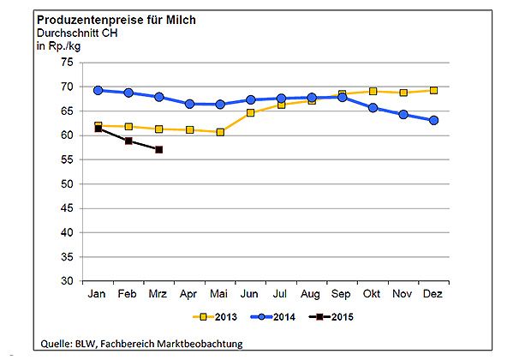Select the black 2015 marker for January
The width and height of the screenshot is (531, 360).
[98, 128]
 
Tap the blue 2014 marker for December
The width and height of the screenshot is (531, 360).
[433, 121]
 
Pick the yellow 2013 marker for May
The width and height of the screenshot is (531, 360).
[220, 132]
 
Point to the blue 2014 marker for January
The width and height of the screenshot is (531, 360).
[98, 90]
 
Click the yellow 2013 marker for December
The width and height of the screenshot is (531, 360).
[433, 90]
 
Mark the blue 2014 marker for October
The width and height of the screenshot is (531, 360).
[373, 108]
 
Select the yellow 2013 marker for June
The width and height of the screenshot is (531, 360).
[251, 112]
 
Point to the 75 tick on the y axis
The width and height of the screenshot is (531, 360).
[66, 63]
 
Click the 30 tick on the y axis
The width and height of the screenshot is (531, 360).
[66, 281]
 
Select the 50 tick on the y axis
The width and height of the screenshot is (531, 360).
[66, 184]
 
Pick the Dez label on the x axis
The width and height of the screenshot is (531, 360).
[433, 294]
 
